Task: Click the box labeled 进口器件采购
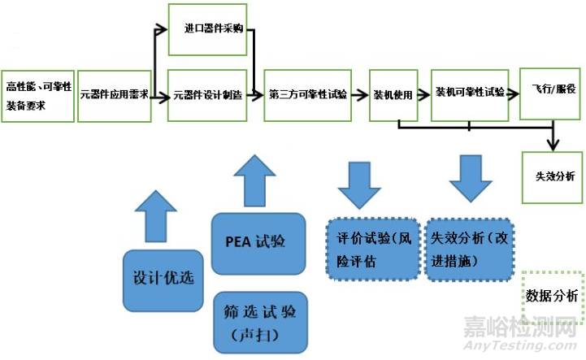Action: pyautogui.click(x=207, y=29)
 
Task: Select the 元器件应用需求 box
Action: pyautogui.click(x=114, y=95)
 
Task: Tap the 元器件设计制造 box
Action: pyautogui.click(x=207, y=95)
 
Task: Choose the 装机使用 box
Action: pyautogui.click(x=393, y=95)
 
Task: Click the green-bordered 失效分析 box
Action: pyautogui.click(x=553, y=176)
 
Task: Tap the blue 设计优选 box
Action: pyautogui.click(x=163, y=277)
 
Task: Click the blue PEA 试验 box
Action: pyautogui.click(x=258, y=243)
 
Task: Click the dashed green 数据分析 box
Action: pyautogui.click(x=551, y=295)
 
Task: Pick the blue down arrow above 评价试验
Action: pyautogui.click(x=359, y=184)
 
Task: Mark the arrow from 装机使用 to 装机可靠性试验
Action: pyautogui.click(x=424, y=94)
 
